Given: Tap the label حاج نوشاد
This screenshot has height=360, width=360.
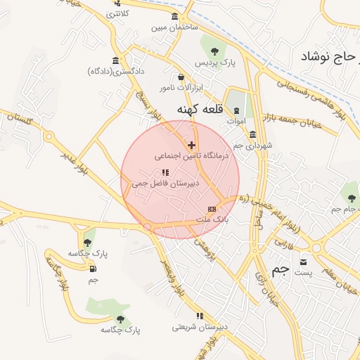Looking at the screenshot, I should pyautogui.click(x=328, y=57).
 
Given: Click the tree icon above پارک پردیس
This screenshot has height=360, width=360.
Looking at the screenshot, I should pyautogui.click(x=213, y=50).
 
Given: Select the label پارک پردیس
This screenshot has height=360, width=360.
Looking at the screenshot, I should pyautogui.click(x=213, y=63).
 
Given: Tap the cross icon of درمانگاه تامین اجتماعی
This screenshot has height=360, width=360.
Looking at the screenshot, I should pyautogui.click(x=191, y=145).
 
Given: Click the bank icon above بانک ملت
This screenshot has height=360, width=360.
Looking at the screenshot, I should pyautogui.click(x=212, y=210).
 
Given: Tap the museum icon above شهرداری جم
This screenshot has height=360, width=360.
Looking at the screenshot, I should pyautogui.click(x=252, y=134).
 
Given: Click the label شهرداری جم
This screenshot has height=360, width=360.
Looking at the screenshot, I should pyautogui.click(x=252, y=145).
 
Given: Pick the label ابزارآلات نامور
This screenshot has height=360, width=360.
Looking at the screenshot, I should pyautogui.click(x=180, y=87).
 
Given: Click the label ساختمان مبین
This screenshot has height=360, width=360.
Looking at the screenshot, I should pyautogui.click(x=174, y=28).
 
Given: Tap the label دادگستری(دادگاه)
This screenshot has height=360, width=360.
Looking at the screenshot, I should pyautogui.click(x=116, y=71).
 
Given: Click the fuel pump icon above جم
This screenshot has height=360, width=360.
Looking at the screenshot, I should pyautogui.click(x=93, y=268).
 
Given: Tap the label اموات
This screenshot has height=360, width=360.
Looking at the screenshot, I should pyautogui.click(x=236, y=121).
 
